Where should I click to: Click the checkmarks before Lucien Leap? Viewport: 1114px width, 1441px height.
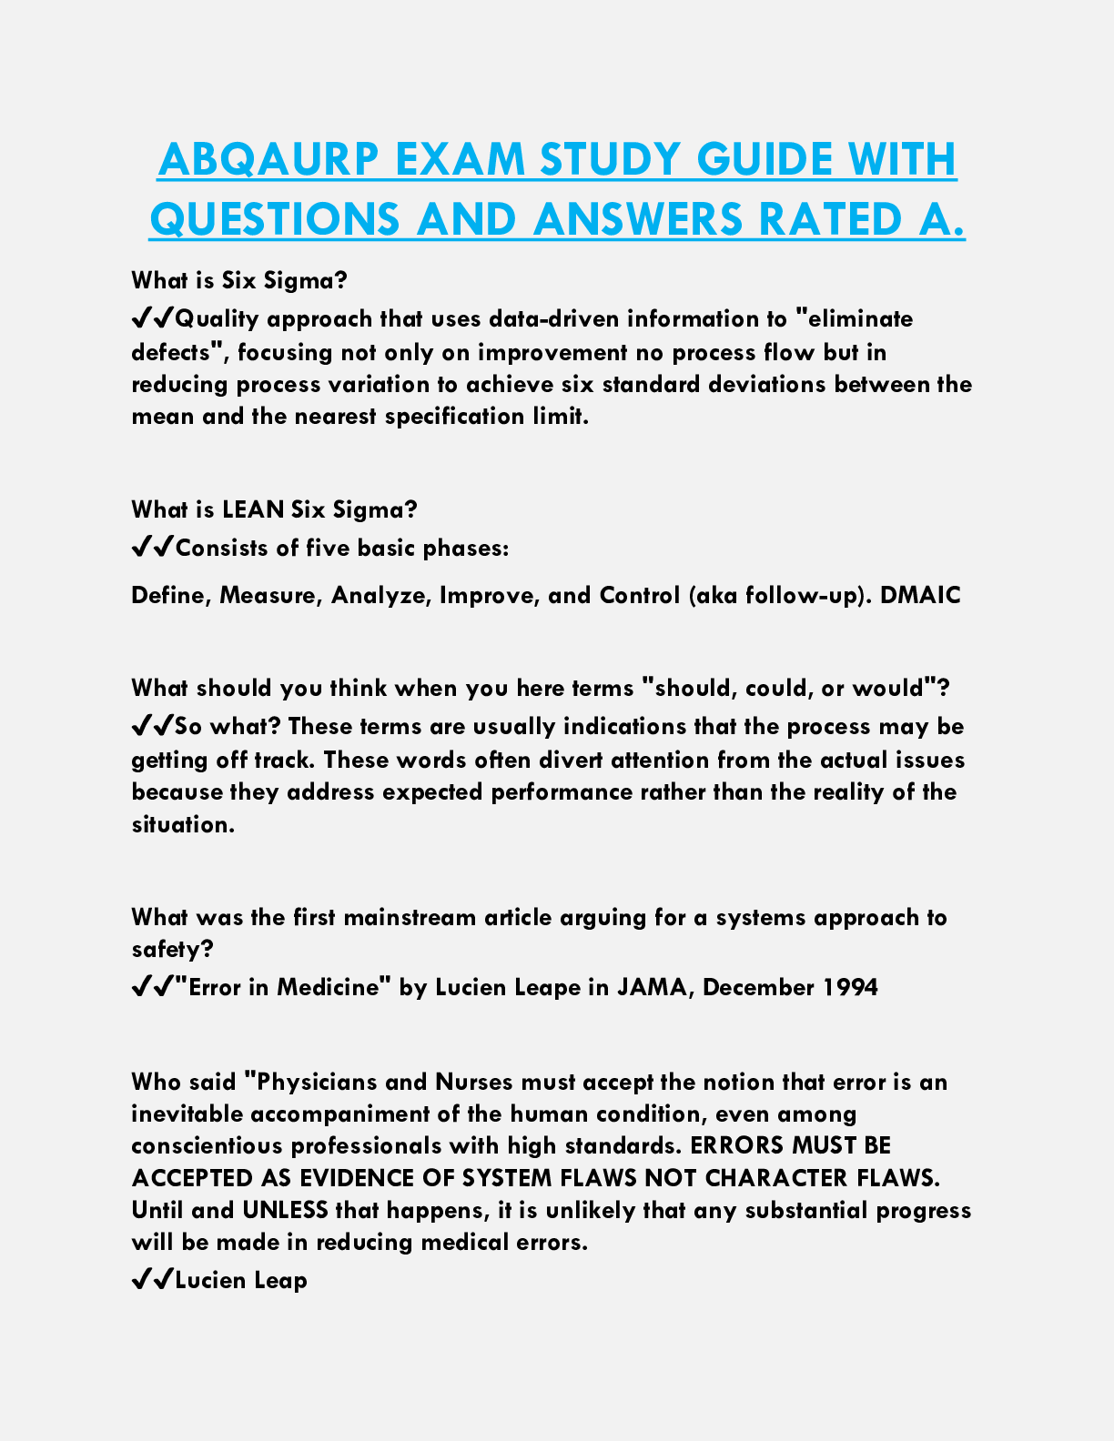coord(152,1281)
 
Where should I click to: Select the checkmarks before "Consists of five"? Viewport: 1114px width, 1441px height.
coord(152,549)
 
